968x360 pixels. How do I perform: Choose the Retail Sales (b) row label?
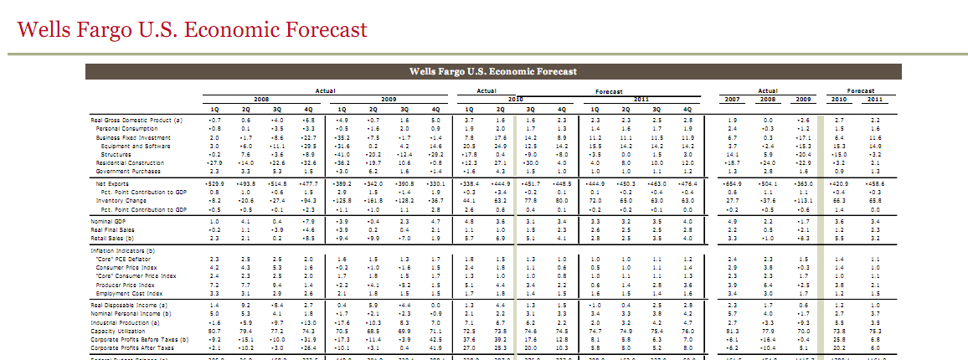[x=112, y=239]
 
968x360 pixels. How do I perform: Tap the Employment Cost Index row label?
[x=124, y=293]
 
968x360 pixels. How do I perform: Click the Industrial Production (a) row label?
[x=121, y=321]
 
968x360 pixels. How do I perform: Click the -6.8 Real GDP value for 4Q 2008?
[x=308, y=120]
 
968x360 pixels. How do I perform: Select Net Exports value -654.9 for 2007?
[x=732, y=183]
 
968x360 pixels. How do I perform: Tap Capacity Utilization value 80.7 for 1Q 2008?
[x=214, y=330]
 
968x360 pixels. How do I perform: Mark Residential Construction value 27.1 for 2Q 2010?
[x=500, y=162]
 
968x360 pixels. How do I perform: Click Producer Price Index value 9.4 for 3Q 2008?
[x=277, y=285]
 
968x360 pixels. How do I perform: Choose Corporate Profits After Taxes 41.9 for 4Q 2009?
[x=435, y=347]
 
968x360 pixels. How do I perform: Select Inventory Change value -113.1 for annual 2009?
[x=802, y=200]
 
